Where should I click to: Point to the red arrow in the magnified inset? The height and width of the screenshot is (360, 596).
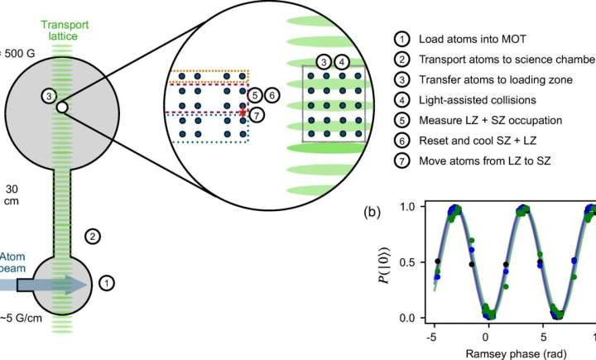[x=243, y=108]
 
